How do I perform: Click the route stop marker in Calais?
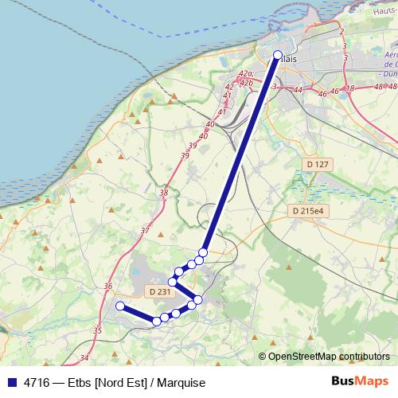(x=278, y=55)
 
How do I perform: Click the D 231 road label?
(x=160, y=292)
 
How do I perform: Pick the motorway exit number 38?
(x=164, y=193)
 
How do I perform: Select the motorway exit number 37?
(x=145, y=231)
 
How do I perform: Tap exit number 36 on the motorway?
(x=108, y=287)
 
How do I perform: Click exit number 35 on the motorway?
(x=97, y=330)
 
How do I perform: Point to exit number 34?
(x=84, y=358)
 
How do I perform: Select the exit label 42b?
(x=246, y=82)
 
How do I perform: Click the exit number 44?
(x=298, y=91)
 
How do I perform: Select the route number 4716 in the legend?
(x=37, y=383)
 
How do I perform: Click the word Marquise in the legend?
(x=181, y=383)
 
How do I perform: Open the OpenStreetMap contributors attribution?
(x=329, y=357)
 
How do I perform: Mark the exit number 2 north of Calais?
(x=341, y=30)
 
